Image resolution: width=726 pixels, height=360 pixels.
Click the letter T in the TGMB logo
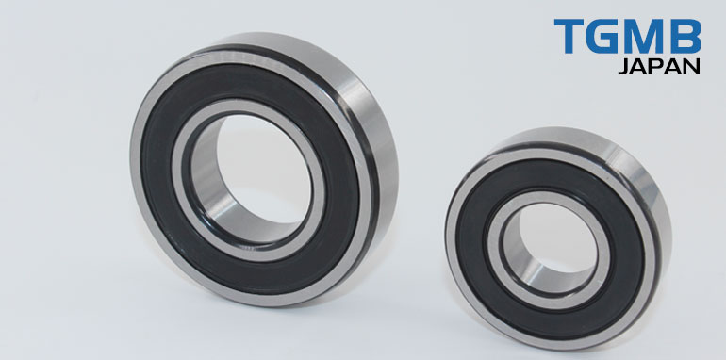(568, 36)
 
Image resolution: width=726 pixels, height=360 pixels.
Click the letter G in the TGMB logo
(602, 36)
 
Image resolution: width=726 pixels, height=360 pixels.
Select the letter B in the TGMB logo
(685, 36)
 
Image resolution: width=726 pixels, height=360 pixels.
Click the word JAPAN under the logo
(659, 67)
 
